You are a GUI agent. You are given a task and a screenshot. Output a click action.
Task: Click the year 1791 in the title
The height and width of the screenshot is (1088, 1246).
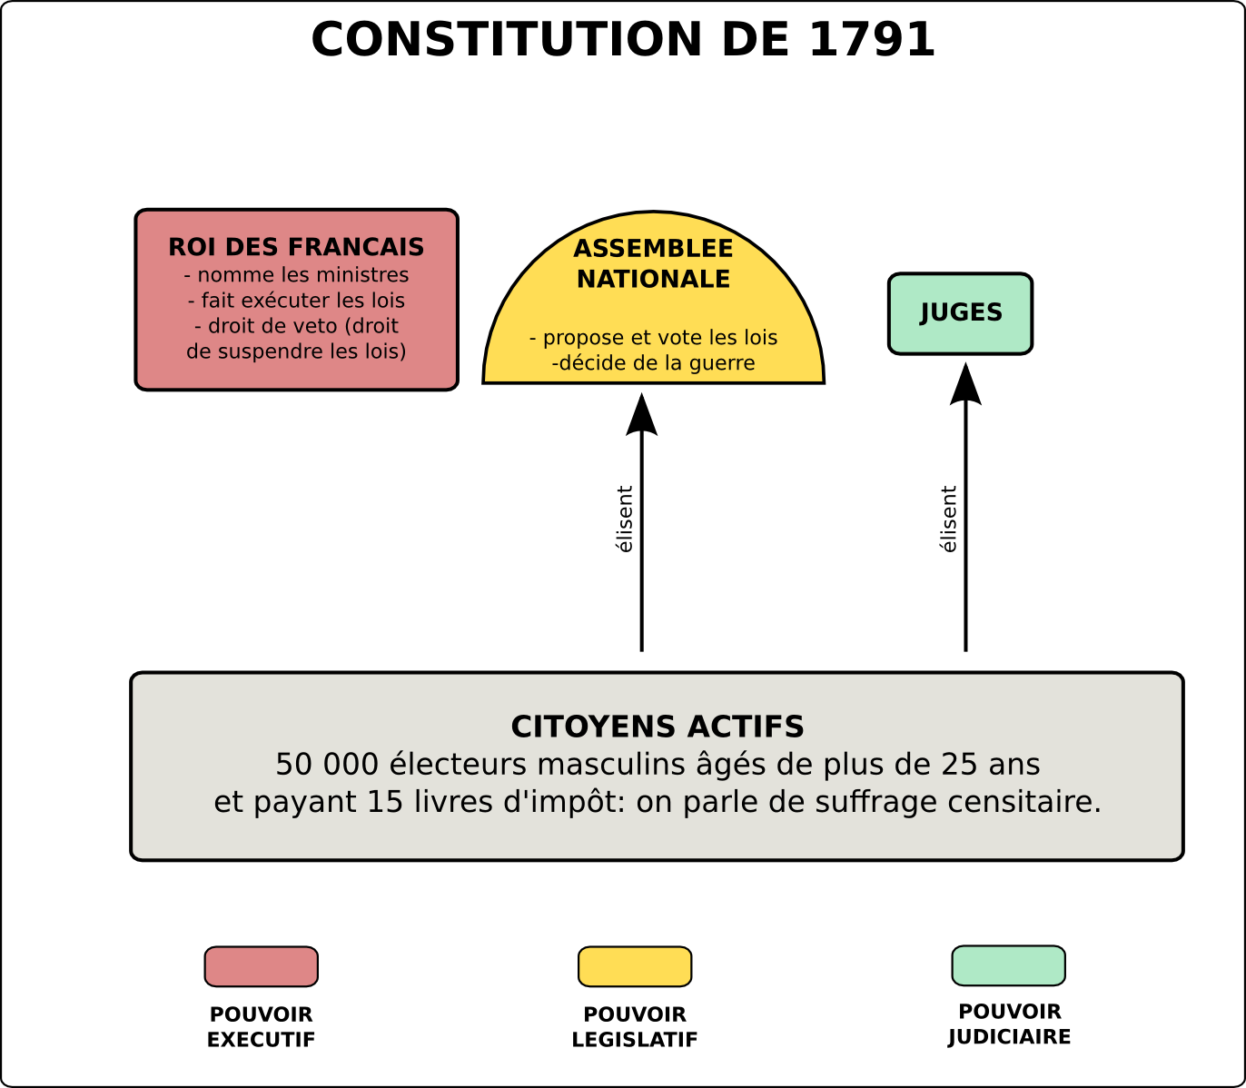click(871, 40)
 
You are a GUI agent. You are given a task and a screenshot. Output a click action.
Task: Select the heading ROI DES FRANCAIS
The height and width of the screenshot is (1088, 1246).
click(296, 247)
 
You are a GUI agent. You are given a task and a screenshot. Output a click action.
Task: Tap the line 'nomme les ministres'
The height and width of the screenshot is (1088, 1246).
click(297, 274)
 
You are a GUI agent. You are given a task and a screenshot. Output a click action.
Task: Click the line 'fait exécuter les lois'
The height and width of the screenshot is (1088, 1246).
click(297, 300)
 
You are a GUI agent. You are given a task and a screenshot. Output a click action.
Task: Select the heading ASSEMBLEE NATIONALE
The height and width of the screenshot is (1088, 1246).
click(653, 263)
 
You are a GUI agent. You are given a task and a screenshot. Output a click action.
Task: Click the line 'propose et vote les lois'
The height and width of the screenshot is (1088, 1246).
click(654, 338)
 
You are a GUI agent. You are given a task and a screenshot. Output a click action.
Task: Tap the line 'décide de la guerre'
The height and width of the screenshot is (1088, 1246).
click(655, 363)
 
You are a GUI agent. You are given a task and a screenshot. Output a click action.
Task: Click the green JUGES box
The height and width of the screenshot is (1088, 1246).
click(960, 313)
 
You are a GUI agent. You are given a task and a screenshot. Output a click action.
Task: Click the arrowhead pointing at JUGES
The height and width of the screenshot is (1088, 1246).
click(965, 384)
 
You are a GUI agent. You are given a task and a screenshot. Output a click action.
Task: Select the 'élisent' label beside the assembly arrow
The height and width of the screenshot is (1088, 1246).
click(625, 519)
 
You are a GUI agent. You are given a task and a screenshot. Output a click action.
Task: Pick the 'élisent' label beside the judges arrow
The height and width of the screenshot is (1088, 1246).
click(948, 519)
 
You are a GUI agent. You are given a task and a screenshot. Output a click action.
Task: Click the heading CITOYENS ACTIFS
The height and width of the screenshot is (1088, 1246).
click(658, 727)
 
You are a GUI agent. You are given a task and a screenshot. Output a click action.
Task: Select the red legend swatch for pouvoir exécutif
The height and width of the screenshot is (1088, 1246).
click(262, 966)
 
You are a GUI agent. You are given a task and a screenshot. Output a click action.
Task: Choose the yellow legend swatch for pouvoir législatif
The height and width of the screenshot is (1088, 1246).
click(635, 966)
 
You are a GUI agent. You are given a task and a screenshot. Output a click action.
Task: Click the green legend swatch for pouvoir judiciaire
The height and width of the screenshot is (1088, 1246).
click(1008, 965)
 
